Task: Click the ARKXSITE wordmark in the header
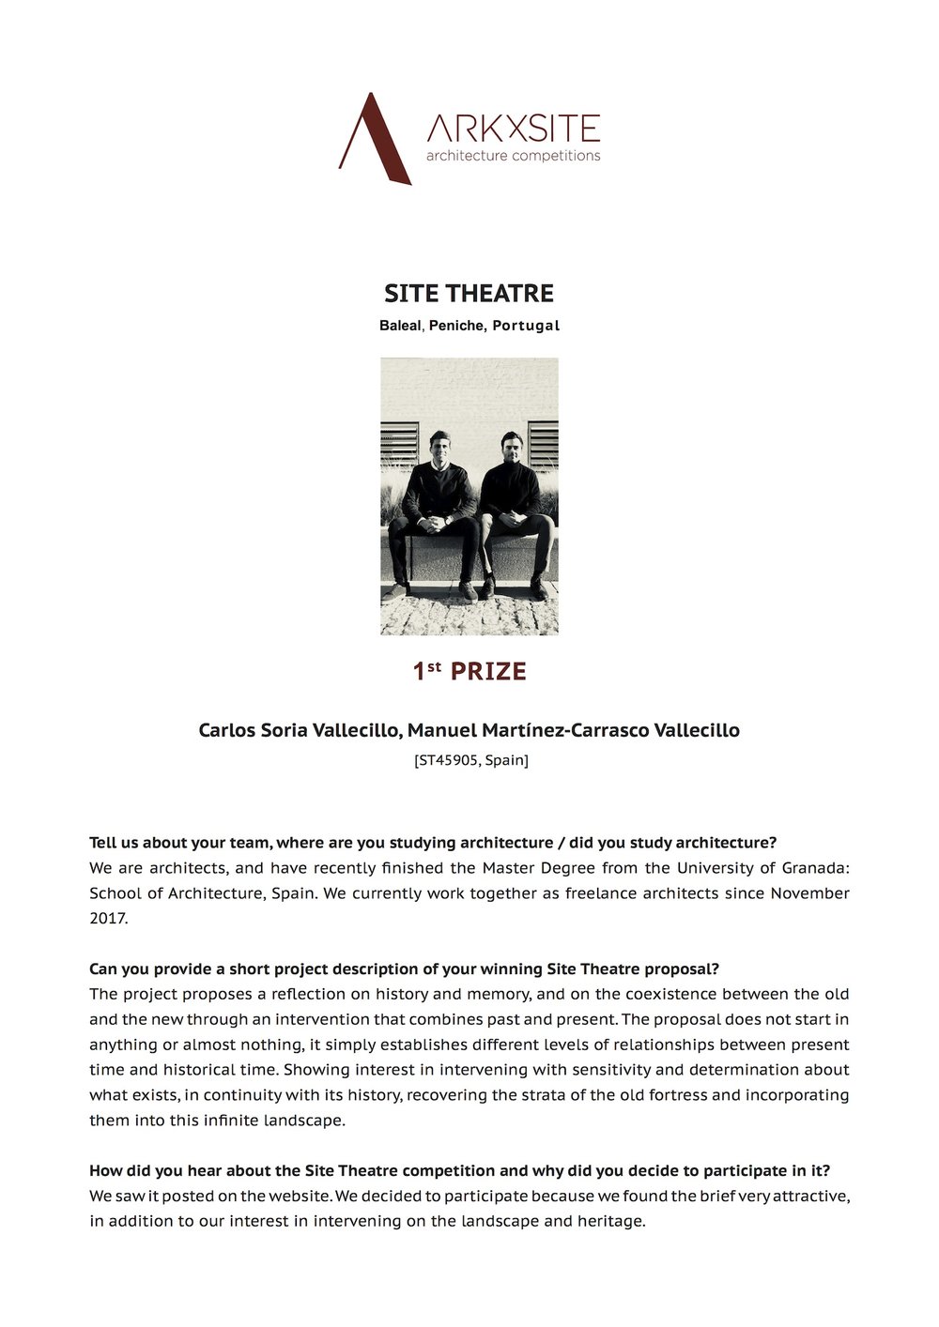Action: click(513, 128)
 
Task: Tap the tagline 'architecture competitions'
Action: click(513, 156)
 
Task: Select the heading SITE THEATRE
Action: click(469, 294)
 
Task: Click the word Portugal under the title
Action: click(526, 326)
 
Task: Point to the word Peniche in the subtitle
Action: click(456, 326)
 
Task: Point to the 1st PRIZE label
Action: click(469, 672)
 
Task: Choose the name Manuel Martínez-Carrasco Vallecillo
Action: click(573, 730)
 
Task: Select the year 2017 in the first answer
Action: click(107, 919)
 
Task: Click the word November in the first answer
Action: click(809, 893)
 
